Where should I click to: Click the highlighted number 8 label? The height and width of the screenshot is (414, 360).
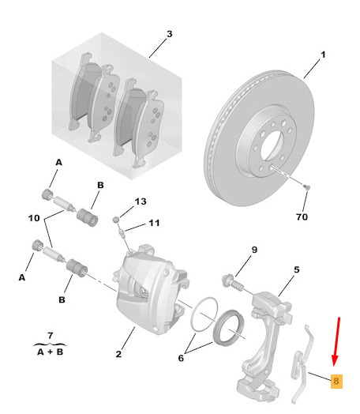336,381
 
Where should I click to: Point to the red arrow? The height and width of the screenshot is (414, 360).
336,341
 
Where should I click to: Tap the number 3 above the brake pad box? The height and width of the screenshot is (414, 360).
169,34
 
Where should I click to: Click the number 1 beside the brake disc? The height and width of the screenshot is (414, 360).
323,55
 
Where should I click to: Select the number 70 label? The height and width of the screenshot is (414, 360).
302,216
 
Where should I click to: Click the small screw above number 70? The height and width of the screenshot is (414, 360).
307,187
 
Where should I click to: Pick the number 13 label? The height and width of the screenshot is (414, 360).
141,201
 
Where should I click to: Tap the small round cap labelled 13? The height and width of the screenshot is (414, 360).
116,219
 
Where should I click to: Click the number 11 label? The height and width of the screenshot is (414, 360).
154,223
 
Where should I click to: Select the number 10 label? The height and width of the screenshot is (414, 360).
34,218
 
